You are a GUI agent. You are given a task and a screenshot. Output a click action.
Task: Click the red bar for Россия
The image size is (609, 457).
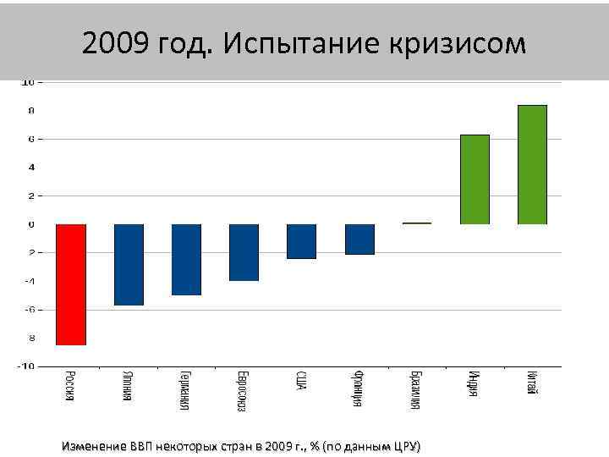71,284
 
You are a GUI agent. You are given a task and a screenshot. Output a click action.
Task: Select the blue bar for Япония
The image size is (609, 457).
129,264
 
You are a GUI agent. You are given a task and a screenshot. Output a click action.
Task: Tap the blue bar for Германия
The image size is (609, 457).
186,259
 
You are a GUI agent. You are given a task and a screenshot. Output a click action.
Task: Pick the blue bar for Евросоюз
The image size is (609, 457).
244,252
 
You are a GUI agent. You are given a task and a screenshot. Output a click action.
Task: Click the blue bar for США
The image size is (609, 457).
301,241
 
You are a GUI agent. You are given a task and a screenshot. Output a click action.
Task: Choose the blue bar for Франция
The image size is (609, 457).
359,239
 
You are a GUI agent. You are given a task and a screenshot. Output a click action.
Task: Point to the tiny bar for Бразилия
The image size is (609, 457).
417,223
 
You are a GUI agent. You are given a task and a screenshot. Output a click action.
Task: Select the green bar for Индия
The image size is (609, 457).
475,179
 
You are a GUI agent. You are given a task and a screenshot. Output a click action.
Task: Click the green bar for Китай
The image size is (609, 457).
532,164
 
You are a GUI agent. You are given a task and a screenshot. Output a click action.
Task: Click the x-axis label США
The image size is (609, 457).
301,381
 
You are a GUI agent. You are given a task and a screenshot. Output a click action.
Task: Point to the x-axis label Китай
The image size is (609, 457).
531,383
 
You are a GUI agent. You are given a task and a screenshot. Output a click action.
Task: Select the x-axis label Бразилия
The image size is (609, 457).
416,390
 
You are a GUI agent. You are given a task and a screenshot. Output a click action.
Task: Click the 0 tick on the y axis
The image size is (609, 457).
30,224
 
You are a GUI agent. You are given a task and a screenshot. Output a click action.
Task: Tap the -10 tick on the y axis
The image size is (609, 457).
27,366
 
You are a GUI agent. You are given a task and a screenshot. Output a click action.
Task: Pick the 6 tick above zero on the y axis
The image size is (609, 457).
30,139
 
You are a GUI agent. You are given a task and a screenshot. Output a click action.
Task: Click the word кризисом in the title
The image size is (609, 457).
462,44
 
